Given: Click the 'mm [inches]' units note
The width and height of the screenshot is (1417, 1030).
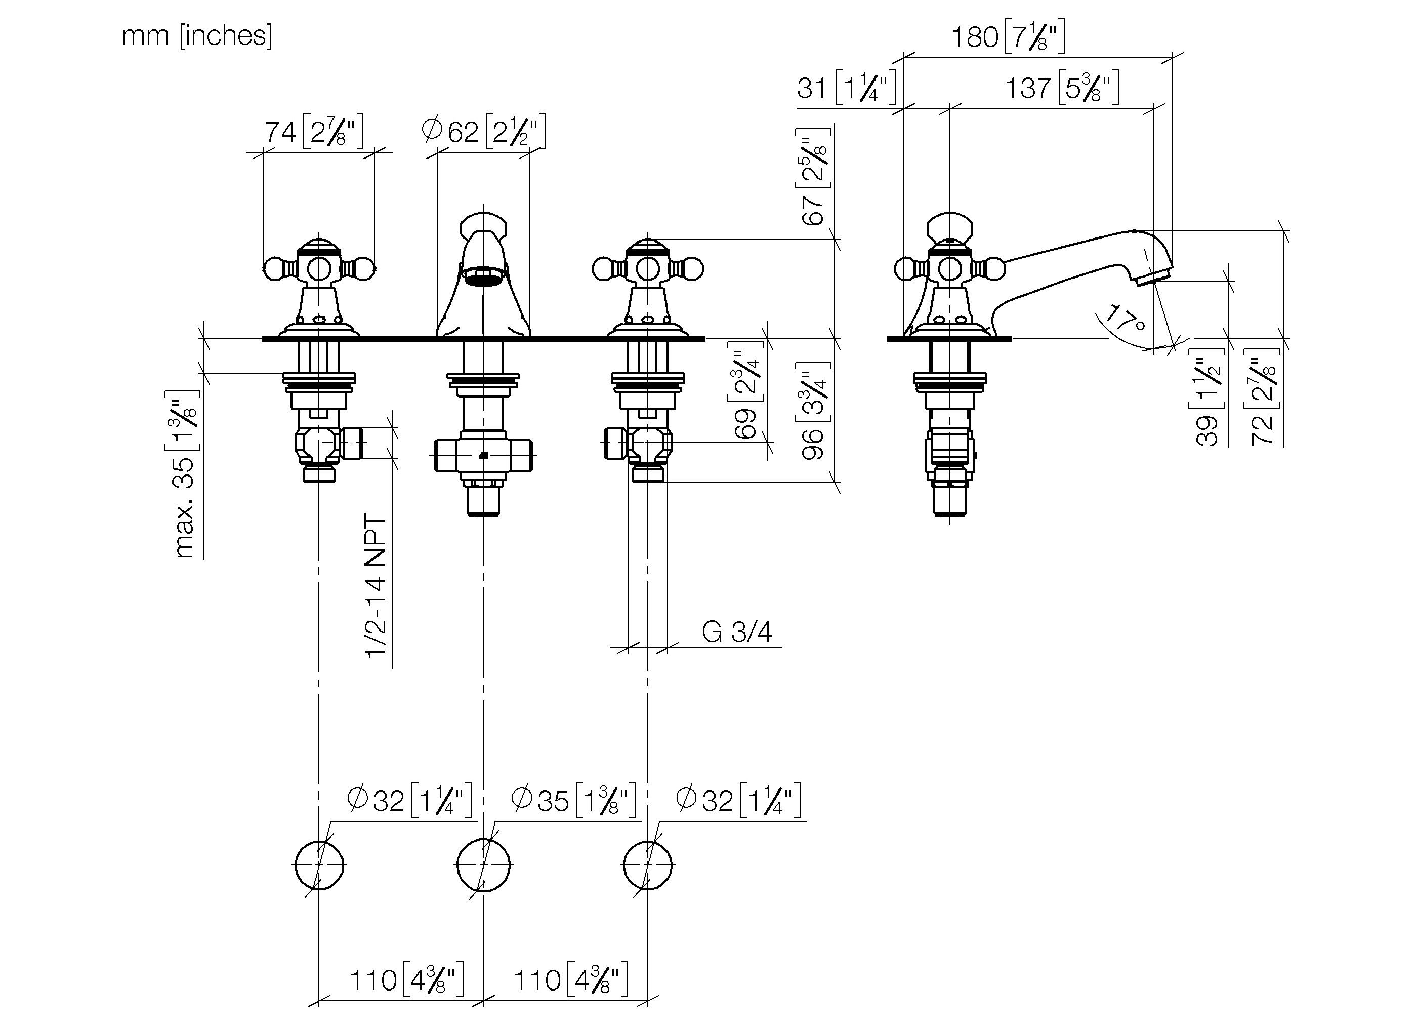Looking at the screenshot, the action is (x=197, y=35).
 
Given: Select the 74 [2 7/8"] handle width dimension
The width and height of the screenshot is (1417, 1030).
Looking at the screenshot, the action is (x=314, y=131).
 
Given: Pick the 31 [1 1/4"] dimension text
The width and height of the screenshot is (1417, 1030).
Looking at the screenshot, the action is (x=847, y=88).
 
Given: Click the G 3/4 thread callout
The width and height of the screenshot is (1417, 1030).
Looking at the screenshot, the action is (x=737, y=632).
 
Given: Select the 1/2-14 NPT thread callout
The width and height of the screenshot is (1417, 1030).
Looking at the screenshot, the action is (x=376, y=587).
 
